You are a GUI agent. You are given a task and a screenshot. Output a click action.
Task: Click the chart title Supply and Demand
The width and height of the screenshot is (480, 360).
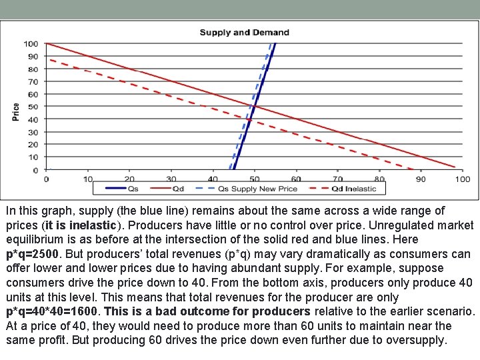tap(244, 32)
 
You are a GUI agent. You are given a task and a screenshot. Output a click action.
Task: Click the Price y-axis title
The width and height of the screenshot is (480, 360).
tap(15, 111)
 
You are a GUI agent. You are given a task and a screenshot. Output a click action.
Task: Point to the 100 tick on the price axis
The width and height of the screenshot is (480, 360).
tap(31, 44)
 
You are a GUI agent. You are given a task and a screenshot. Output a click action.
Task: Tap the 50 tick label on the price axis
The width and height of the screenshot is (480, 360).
tap(33, 107)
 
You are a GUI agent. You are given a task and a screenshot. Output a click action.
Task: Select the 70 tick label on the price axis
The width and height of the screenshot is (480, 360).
tap(33, 81)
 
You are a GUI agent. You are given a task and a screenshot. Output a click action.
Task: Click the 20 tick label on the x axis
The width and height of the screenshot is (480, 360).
tap(129, 179)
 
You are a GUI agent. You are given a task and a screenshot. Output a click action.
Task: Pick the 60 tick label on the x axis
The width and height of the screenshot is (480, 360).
tap(296, 179)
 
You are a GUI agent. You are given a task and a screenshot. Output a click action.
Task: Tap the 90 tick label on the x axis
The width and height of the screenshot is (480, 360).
tap(421, 179)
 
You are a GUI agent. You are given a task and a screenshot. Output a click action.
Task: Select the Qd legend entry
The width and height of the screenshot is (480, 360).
tap(178, 189)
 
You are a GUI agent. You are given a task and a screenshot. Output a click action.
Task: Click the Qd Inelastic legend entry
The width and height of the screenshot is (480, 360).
tap(354, 189)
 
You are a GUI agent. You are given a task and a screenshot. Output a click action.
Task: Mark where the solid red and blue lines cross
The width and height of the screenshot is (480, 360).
tap(254, 107)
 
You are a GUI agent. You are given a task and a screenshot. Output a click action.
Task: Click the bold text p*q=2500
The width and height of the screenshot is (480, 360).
tap(33, 253)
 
